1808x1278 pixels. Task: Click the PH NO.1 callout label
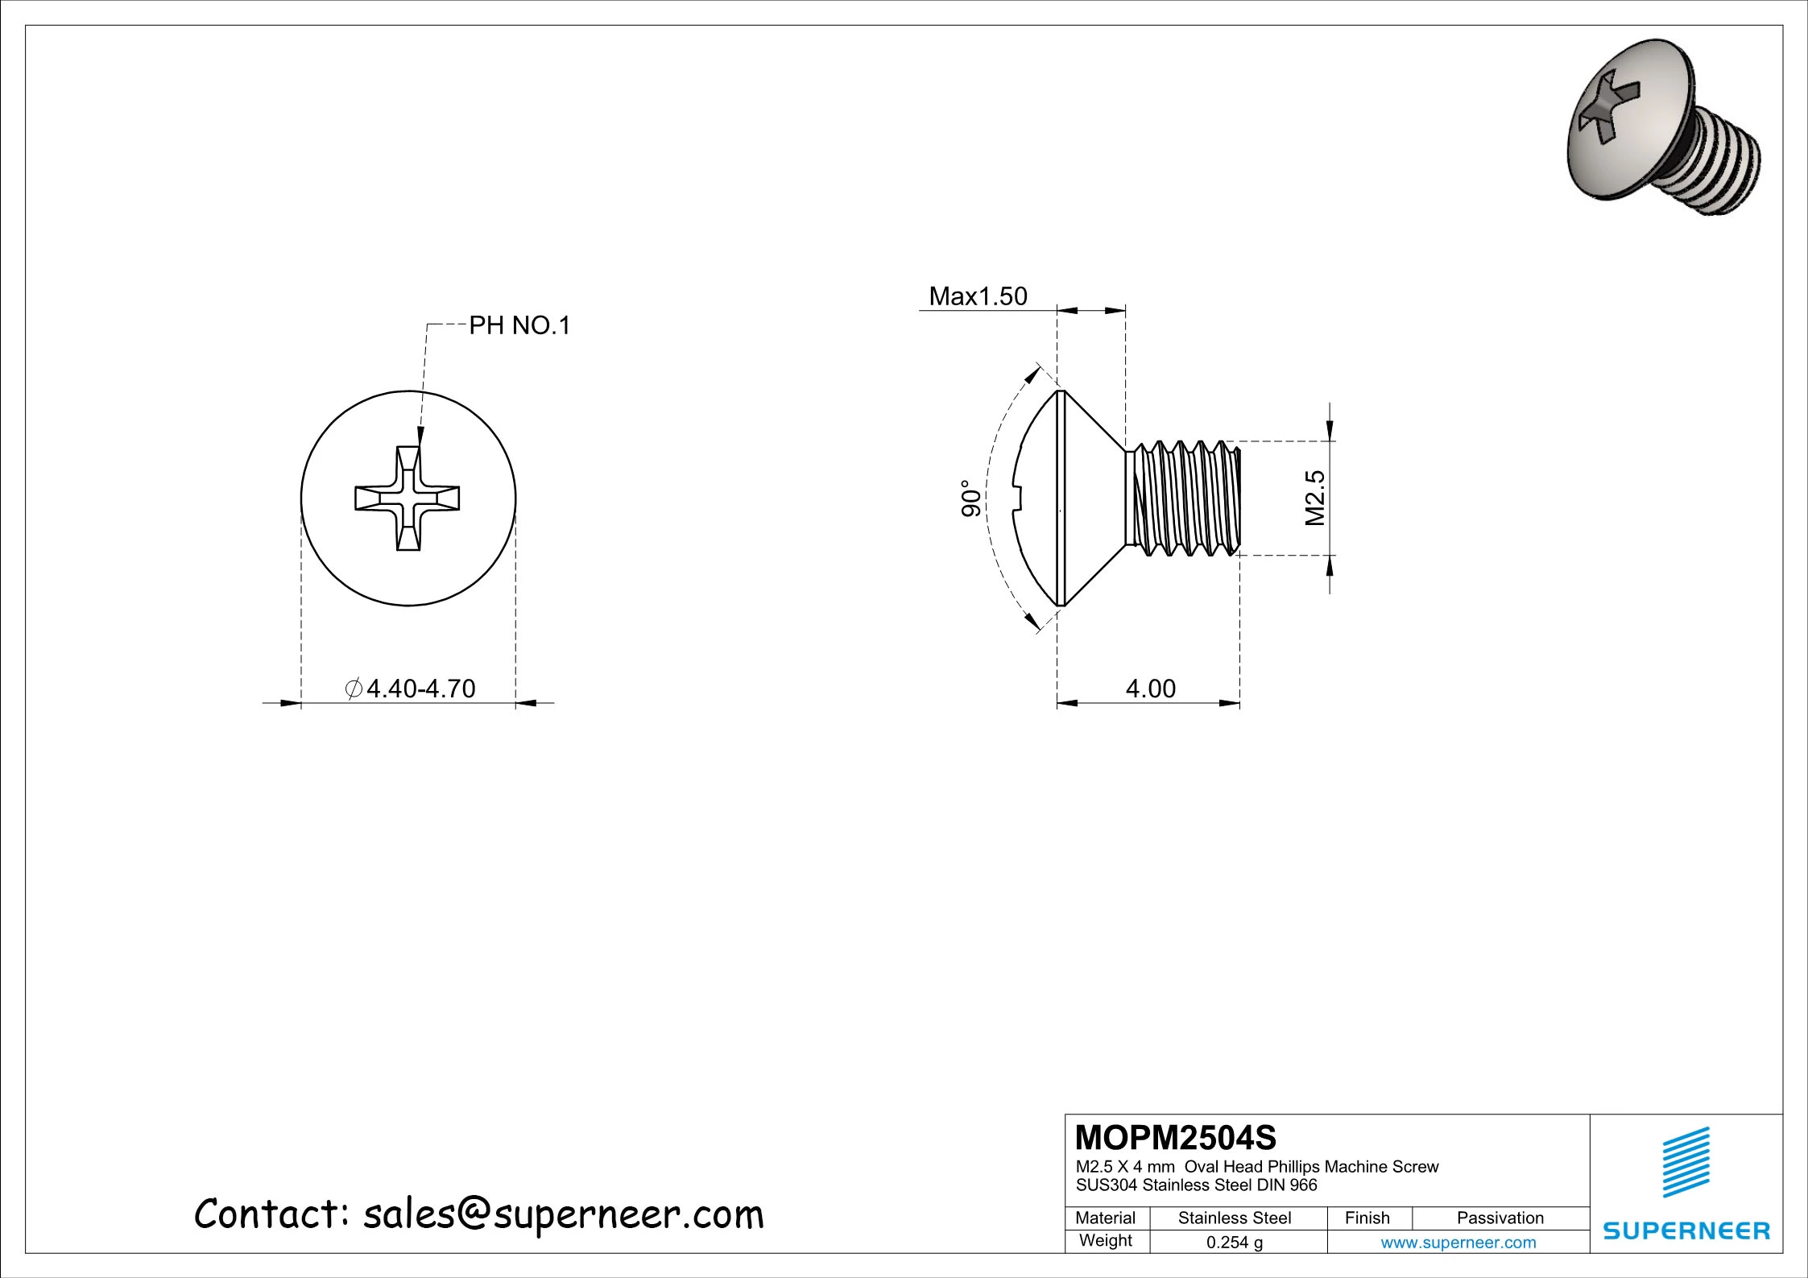[x=519, y=325]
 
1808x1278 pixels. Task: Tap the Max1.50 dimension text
[x=978, y=296]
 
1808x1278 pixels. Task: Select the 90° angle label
[x=972, y=498]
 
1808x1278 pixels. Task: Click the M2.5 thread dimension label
[x=1314, y=498]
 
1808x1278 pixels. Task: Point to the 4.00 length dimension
[x=1150, y=689]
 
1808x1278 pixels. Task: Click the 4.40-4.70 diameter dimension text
[x=420, y=689]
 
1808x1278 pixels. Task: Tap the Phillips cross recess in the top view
[x=408, y=498]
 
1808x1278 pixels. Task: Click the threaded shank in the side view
[x=1184, y=498]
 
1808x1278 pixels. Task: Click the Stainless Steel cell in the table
[x=1234, y=1218]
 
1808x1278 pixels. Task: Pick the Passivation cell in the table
[x=1500, y=1218]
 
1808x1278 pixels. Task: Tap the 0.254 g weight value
[x=1234, y=1243]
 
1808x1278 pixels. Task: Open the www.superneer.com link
[x=1458, y=1243]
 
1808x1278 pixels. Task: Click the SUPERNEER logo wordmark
[x=1686, y=1230]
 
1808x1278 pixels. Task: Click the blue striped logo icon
[x=1686, y=1162]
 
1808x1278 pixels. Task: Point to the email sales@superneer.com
[x=563, y=1214]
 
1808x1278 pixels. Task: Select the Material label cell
[x=1105, y=1218]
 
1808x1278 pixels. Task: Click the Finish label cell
[x=1367, y=1218]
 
